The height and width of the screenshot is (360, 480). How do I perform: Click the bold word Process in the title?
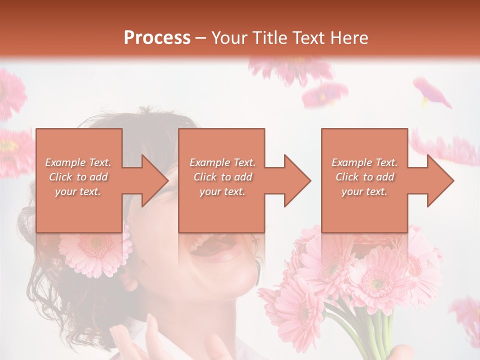(157, 38)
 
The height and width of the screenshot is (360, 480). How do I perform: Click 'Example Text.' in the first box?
(78, 162)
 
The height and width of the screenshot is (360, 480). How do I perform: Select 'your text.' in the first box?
(78, 191)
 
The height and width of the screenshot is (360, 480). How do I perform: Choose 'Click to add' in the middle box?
(222, 177)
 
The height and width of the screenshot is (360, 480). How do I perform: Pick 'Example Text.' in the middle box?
(222, 162)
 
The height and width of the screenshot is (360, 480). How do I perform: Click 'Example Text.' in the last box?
(364, 162)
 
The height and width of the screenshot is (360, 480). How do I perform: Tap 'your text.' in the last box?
(364, 191)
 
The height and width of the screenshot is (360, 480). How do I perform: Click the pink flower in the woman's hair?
(95, 250)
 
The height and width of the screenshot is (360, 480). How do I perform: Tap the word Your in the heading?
(228, 38)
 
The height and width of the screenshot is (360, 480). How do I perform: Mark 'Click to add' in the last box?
(364, 177)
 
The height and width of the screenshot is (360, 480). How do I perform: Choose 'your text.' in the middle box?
(222, 191)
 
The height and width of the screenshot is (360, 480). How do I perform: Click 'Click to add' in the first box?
(78, 177)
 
